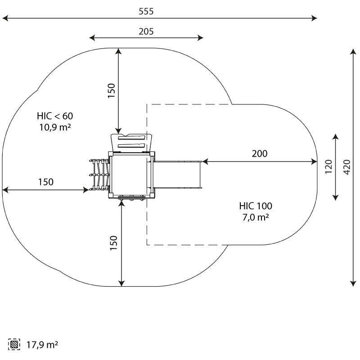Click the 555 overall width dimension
[x=146, y=12]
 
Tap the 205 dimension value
[x=146, y=31]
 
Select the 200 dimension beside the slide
[x=259, y=153]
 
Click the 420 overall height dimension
[x=346, y=167]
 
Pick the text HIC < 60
[x=54, y=116]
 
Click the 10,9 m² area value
[x=54, y=127]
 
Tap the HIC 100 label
[x=256, y=206]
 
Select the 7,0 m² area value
[x=256, y=217]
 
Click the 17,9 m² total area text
[x=41, y=345]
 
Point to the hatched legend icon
[x=14, y=345]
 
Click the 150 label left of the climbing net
[x=45, y=182]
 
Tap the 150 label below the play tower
[x=113, y=243]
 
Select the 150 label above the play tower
[x=112, y=90]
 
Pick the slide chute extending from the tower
[x=178, y=175]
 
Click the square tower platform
[x=129, y=175]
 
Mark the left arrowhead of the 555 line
[x=4, y=18]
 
